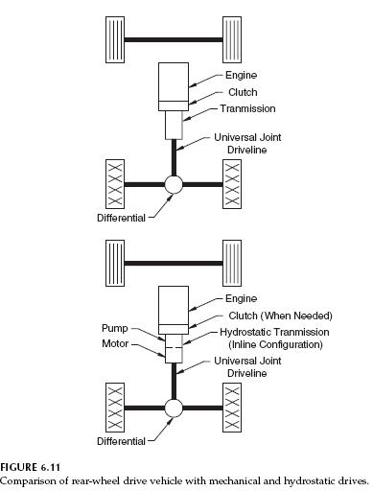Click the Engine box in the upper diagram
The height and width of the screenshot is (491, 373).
tap(174, 82)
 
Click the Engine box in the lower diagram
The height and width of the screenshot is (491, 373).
tap(174, 302)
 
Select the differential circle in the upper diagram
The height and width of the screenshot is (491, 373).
tap(174, 185)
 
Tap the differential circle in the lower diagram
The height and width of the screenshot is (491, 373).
tap(174, 408)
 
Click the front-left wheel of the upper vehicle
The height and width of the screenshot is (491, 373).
tap(114, 38)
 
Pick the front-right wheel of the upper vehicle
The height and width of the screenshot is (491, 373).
tap(233, 38)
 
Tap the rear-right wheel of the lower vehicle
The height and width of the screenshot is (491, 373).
tap(233, 407)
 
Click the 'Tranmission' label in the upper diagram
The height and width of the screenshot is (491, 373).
tap(247, 109)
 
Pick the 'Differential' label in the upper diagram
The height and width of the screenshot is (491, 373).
tap(120, 217)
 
